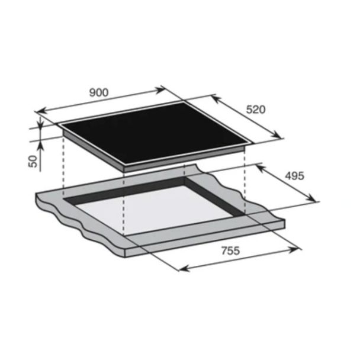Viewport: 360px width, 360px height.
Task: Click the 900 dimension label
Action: pyautogui.click(x=99, y=92)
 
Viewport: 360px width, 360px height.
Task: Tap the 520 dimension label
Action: pyautogui.click(x=256, y=110)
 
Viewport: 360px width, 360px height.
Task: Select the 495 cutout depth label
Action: pyautogui.click(x=294, y=176)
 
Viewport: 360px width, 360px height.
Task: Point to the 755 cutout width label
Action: pyautogui.click(x=230, y=250)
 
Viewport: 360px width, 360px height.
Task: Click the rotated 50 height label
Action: pyautogui.click(x=33, y=162)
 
